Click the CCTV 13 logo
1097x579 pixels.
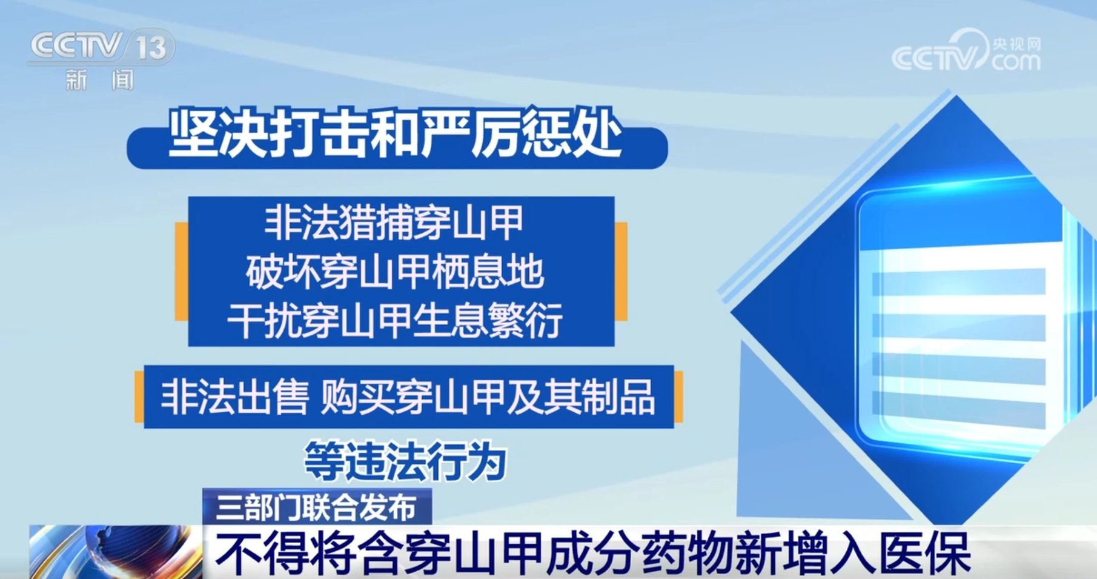[x=101, y=47]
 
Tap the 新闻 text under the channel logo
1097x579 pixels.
[x=99, y=80]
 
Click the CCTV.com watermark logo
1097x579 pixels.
[x=966, y=51]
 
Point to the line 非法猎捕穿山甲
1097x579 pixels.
[x=394, y=223]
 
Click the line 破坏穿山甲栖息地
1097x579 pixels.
[x=394, y=271]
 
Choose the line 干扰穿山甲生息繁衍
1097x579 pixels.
[x=395, y=320]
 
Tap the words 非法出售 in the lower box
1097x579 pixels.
[x=234, y=397]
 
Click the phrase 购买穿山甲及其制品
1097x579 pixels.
[x=488, y=397]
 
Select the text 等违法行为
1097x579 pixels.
[x=405, y=461]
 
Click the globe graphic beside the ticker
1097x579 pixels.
[x=115, y=552]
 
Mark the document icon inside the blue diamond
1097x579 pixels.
[x=957, y=321]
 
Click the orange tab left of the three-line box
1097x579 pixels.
[x=181, y=271]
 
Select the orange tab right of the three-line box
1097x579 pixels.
[x=621, y=271]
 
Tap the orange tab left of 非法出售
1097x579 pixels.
[x=139, y=397]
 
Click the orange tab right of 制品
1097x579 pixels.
[x=678, y=397]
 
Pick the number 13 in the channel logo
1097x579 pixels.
[x=151, y=47]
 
